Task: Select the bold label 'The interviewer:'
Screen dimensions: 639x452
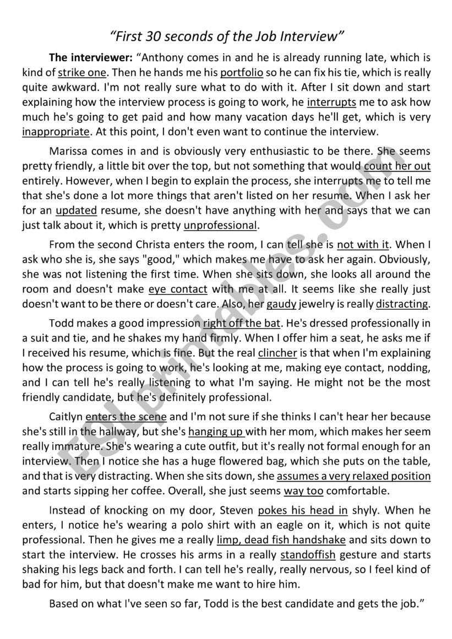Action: [91, 58]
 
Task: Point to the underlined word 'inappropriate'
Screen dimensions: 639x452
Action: [56, 132]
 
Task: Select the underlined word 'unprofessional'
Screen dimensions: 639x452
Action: [220, 225]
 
